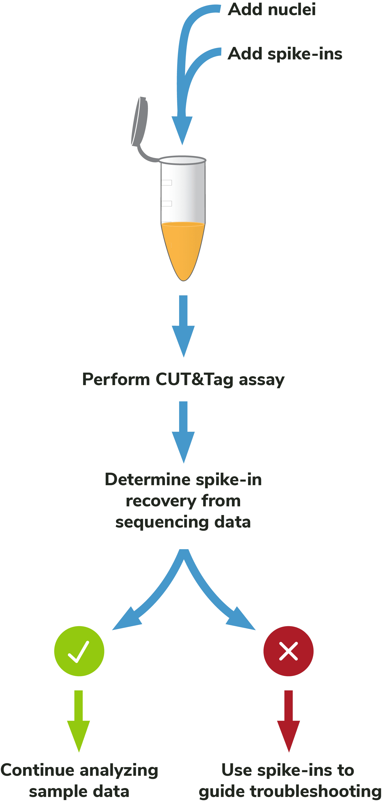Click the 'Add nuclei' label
pyautogui.click(x=272, y=9)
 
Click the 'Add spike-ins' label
pyautogui.click(x=285, y=54)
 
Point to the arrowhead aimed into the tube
pyautogui.click(x=182, y=129)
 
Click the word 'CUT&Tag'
pyautogui.click(x=194, y=380)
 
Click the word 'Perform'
pyautogui.click(x=116, y=380)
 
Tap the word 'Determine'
pyautogui.click(x=148, y=479)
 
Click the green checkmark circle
pyautogui.click(x=79, y=651)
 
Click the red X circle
pyautogui.click(x=288, y=651)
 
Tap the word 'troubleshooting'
pyautogui.click(x=315, y=791)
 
